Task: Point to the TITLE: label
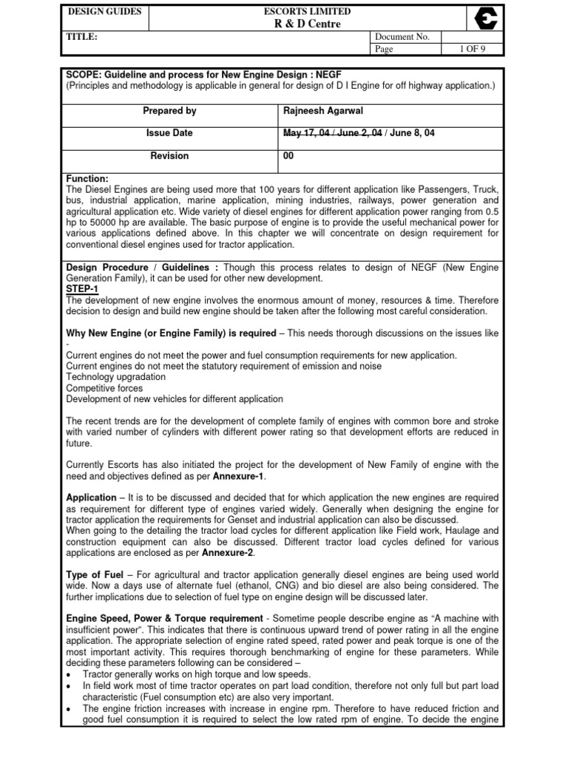(x=82, y=36)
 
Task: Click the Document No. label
(x=398, y=37)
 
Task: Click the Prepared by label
(x=169, y=111)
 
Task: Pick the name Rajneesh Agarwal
(x=320, y=111)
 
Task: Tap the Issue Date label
(x=169, y=134)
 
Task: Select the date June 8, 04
(x=411, y=134)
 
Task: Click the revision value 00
(x=289, y=156)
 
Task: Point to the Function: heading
(x=87, y=179)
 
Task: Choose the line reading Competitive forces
(x=104, y=387)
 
